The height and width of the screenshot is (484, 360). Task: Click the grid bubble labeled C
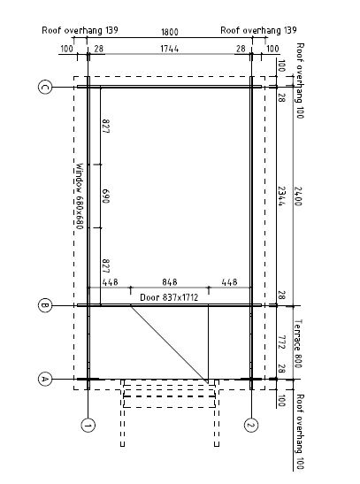45,87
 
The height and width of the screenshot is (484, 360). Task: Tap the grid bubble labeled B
45,305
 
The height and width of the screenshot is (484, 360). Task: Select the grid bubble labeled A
45,379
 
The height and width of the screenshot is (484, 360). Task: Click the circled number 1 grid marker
88,426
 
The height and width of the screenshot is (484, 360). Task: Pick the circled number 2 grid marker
251,426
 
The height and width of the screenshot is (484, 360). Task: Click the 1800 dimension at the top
170,32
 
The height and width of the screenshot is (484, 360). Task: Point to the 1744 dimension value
169,49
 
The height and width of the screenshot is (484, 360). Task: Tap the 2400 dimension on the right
298,196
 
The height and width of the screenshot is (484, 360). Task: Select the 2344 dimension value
281,196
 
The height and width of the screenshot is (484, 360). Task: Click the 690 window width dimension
105,196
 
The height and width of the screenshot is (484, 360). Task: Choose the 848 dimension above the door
170,282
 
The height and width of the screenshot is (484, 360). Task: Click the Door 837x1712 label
169,297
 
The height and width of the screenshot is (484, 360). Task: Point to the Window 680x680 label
80,196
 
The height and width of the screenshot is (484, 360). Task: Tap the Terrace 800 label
298,343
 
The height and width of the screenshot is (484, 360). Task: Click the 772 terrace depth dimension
281,342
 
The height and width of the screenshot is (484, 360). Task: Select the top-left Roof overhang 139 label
80,30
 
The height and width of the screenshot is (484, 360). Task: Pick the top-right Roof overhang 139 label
258,30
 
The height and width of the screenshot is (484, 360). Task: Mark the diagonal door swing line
169,344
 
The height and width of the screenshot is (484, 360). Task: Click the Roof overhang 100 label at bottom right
300,432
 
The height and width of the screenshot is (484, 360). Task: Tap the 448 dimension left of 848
111,282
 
